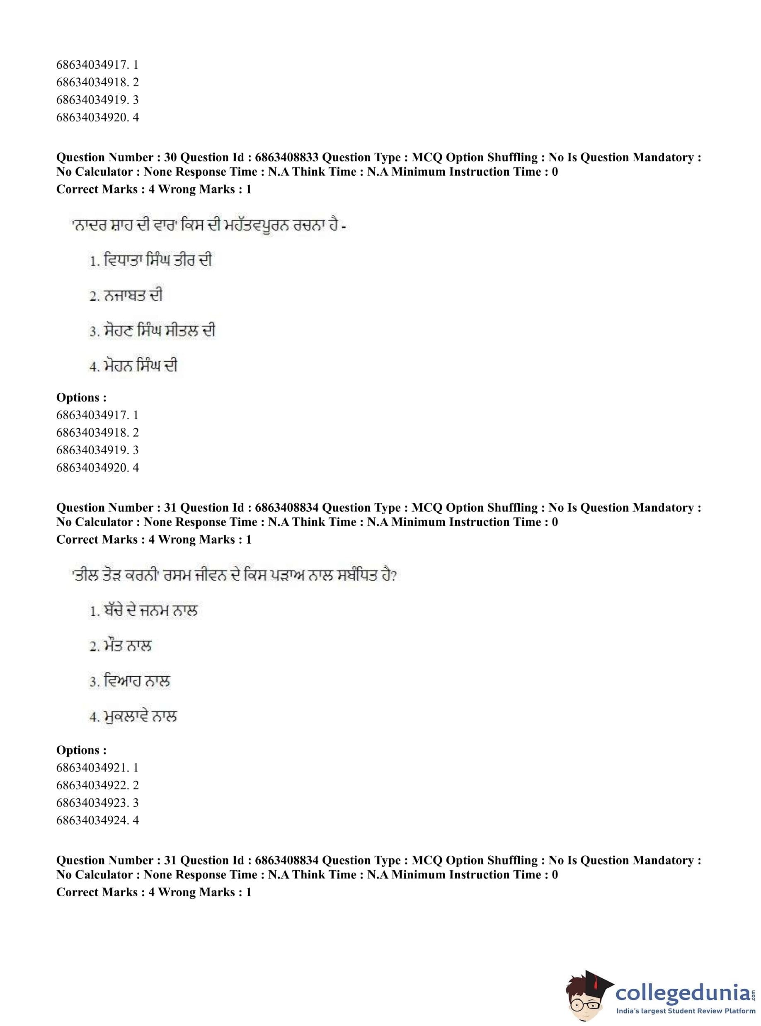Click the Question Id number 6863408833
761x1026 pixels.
[286, 157]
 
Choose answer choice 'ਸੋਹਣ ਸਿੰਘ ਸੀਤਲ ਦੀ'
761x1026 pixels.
[159, 331]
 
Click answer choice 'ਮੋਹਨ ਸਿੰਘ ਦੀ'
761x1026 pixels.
[140, 366]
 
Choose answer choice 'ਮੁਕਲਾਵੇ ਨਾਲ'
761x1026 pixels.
[140, 716]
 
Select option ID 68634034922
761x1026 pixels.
[91, 785]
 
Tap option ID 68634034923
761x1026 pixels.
[91, 803]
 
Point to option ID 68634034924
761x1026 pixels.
[91, 820]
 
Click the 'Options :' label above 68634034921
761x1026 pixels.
[81, 750]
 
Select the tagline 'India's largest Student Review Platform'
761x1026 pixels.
[686, 1011]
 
